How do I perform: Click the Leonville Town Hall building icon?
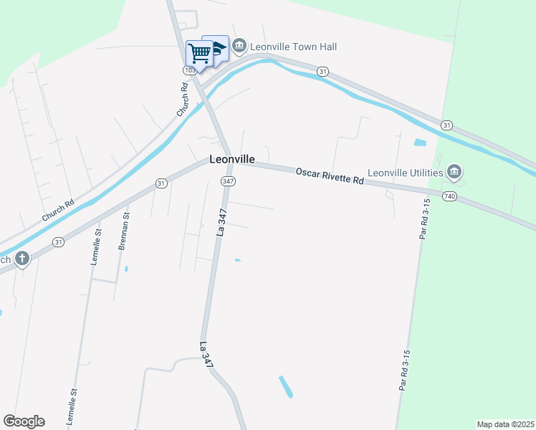pyautogui.click(x=239, y=47)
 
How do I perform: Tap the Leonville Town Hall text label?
pyautogui.click(x=293, y=47)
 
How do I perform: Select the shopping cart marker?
pyautogui.click(x=199, y=53)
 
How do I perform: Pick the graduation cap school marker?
pyautogui.click(x=217, y=47)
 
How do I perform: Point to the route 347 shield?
pyautogui.click(x=228, y=181)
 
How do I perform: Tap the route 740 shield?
pyautogui.click(x=449, y=196)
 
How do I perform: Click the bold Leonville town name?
pyautogui.click(x=233, y=161)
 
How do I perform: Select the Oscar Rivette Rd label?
pyautogui.click(x=330, y=176)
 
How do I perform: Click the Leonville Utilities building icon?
pyautogui.click(x=454, y=172)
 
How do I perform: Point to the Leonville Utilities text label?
pyautogui.click(x=406, y=173)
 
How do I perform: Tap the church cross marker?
pyautogui.click(x=22, y=258)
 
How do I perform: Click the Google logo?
pyautogui.click(x=24, y=421)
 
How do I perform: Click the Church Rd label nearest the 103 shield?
pyautogui.click(x=182, y=100)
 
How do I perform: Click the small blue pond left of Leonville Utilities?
pyautogui.click(x=419, y=142)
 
